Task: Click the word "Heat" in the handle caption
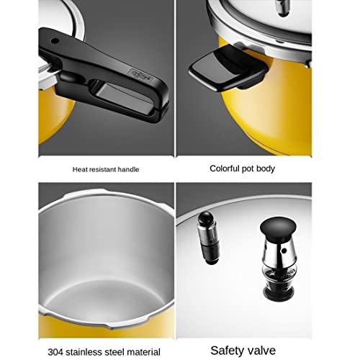pyautogui.click(x=78, y=170)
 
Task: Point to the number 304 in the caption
pyautogui.click(x=55, y=352)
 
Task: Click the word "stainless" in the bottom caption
pyautogui.click(x=84, y=352)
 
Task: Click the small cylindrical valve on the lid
pyautogui.click(x=208, y=238)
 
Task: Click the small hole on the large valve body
pyautogui.click(x=284, y=251)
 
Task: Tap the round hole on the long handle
pyautogui.click(x=55, y=40)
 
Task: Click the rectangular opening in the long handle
pyautogui.click(x=125, y=96)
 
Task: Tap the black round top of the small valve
pyautogui.click(x=206, y=217)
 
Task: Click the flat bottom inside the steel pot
pyautogui.click(x=106, y=300)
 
